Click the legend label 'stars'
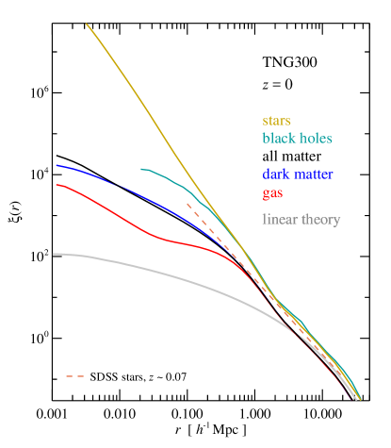[x=276, y=122]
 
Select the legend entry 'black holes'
[x=297, y=138]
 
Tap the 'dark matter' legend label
[x=298, y=174]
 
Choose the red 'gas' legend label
[x=273, y=192]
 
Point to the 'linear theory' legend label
[x=301, y=220]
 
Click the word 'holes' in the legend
[x=316, y=138]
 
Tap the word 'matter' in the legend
[x=315, y=174]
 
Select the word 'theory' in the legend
[x=321, y=221]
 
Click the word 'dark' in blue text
[x=276, y=174]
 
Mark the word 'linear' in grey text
[x=280, y=220]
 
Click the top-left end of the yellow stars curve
[x=87, y=25]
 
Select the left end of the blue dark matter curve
[x=56, y=165]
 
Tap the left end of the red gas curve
[x=56, y=185]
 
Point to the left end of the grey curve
[x=54, y=254]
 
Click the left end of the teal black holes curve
[x=141, y=170]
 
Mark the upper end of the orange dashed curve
[x=187, y=203]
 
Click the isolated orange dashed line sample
[x=74, y=376]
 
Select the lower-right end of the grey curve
[x=358, y=398]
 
